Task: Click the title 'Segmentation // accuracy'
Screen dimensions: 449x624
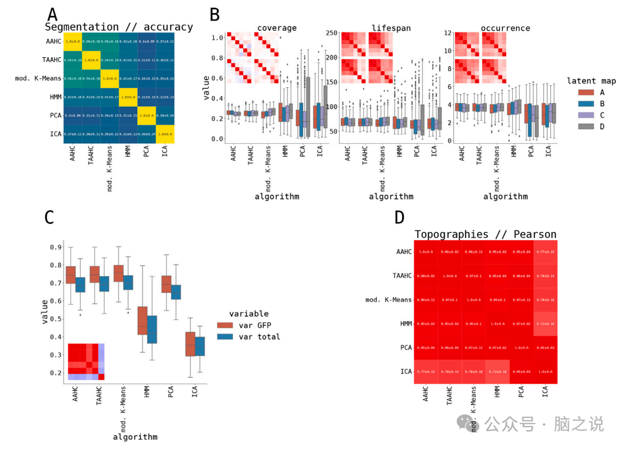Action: click(x=119, y=27)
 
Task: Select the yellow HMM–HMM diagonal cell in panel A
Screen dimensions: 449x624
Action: click(x=128, y=97)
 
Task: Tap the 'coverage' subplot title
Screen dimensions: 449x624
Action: click(x=277, y=28)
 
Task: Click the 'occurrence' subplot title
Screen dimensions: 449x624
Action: click(x=505, y=28)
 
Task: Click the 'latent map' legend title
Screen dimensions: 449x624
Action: click(x=591, y=81)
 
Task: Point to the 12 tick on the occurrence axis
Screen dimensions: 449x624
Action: click(x=447, y=33)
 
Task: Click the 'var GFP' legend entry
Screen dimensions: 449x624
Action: click(x=254, y=325)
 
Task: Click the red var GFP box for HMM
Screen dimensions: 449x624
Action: click(x=142, y=321)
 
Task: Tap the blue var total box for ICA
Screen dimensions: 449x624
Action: click(x=200, y=346)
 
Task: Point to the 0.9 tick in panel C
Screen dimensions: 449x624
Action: click(x=54, y=247)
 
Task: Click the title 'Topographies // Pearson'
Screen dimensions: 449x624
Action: click(x=485, y=235)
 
